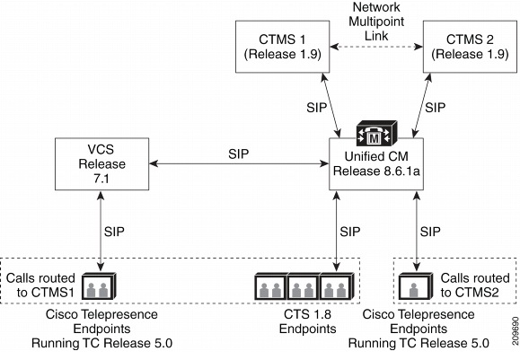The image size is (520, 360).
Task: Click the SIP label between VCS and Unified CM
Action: tap(239, 154)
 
